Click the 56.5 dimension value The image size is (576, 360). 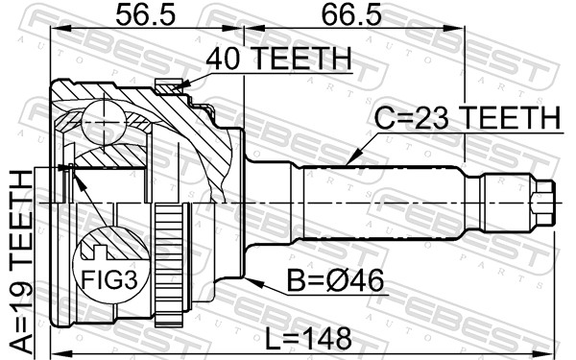tap(146, 14)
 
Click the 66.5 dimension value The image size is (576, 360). tap(351, 14)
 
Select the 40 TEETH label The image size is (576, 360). tap(278, 59)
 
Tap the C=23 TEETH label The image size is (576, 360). tap(468, 117)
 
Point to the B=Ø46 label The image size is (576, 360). tap(335, 280)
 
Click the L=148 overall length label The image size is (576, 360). tap(308, 339)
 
